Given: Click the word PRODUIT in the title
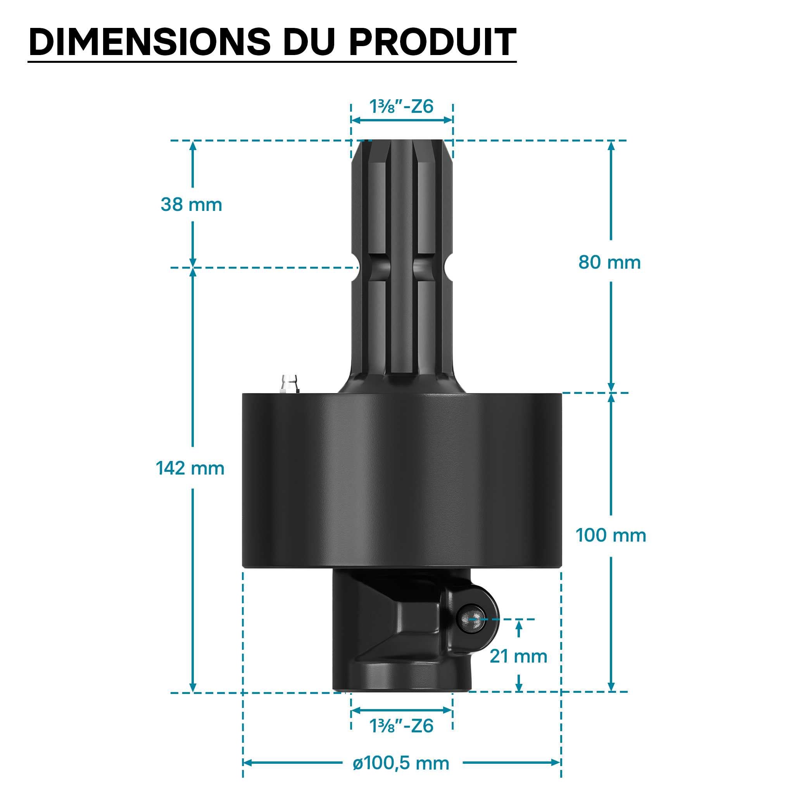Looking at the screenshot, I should [432, 42].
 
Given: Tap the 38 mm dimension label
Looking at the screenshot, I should [191, 205].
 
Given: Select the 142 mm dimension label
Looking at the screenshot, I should [190, 468].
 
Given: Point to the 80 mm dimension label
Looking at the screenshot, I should [609, 262].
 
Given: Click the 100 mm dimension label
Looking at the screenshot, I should [611, 535].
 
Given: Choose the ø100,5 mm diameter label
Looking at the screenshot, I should [401, 763].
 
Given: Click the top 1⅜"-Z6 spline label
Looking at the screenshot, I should [402, 107].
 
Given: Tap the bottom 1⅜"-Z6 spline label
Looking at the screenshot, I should [402, 726].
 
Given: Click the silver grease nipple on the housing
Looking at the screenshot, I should [289, 384].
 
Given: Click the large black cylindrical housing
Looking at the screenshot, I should [402, 480].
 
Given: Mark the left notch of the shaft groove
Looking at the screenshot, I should [355, 268].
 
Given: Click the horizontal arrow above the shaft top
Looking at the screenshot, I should [402, 120].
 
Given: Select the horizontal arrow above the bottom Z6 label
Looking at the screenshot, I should [402, 710].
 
